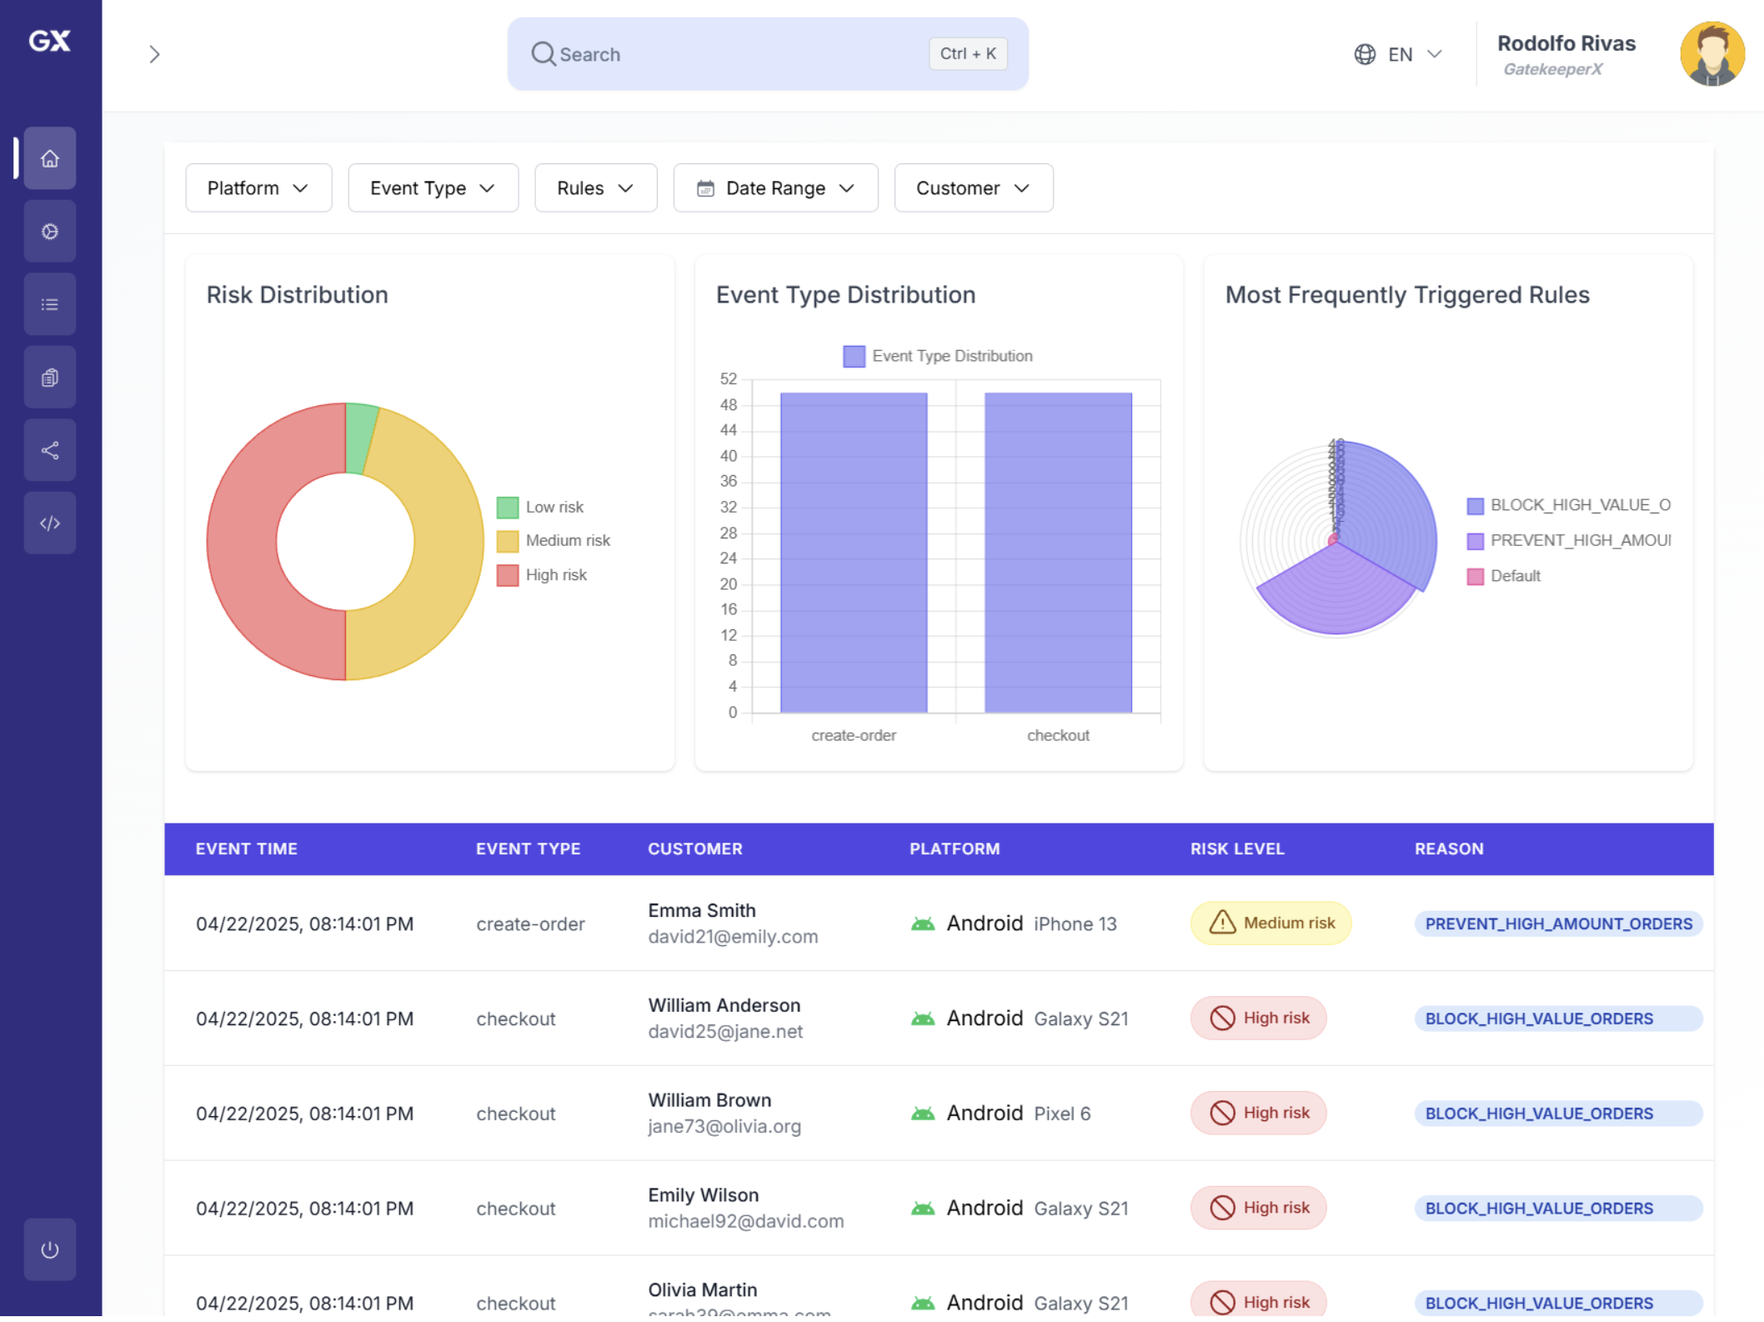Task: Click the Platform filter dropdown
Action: [x=258, y=188]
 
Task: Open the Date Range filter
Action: [x=774, y=188]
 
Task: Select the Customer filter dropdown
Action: [x=972, y=188]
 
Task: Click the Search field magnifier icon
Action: [x=543, y=54]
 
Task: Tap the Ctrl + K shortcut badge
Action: [x=967, y=54]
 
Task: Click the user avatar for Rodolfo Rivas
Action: [x=1711, y=54]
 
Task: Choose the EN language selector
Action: [x=1398, y=55]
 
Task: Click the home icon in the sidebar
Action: [x=50, y=158]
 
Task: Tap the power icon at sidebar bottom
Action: [x=50, y=1249]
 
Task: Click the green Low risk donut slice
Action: [x=361, y=438]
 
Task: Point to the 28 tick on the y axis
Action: [x=729, y=533]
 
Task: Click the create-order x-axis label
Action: [x=853, y=735]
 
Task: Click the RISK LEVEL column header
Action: [x=1236, y=849]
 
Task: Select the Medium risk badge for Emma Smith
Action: [x=1270, y=923]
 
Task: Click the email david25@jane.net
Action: [x=725, y=1031]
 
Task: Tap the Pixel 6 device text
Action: [x=1061, y=1114]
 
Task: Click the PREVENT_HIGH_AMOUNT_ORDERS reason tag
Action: [x=1557, y=924]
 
